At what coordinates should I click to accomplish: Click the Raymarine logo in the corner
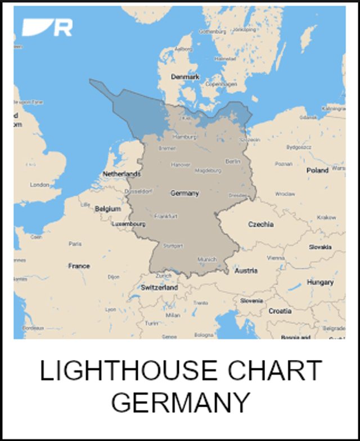(x=48, y=27)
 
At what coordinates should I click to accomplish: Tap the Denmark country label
(x=186, y=76)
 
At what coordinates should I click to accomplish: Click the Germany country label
(x=185, y=193)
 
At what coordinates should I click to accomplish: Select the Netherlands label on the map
(x=121, y=174)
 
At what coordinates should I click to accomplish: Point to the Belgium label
(x=107, y=208)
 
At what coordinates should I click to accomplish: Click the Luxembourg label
(x=129, y=223)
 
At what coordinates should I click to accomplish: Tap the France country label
(x=79, y=265)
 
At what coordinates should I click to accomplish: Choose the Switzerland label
(x=159, y=287)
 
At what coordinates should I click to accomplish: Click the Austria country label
(x=246, y=271)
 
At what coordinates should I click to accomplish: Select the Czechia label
(x=261, y=224)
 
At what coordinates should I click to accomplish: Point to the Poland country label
(x=317, y=170)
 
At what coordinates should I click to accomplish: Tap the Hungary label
(x=319, y=282)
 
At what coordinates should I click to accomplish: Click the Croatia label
(x=280, y=310)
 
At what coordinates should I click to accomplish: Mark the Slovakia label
(x=319, y=247)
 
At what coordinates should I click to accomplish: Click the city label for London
(x=39, y=184)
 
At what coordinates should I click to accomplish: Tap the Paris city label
(x=75, y=244)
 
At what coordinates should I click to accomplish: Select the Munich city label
(x=207, y=259)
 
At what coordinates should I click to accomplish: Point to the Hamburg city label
(x=184, y=137)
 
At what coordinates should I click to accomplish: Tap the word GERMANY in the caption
(x=181, y=402)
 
